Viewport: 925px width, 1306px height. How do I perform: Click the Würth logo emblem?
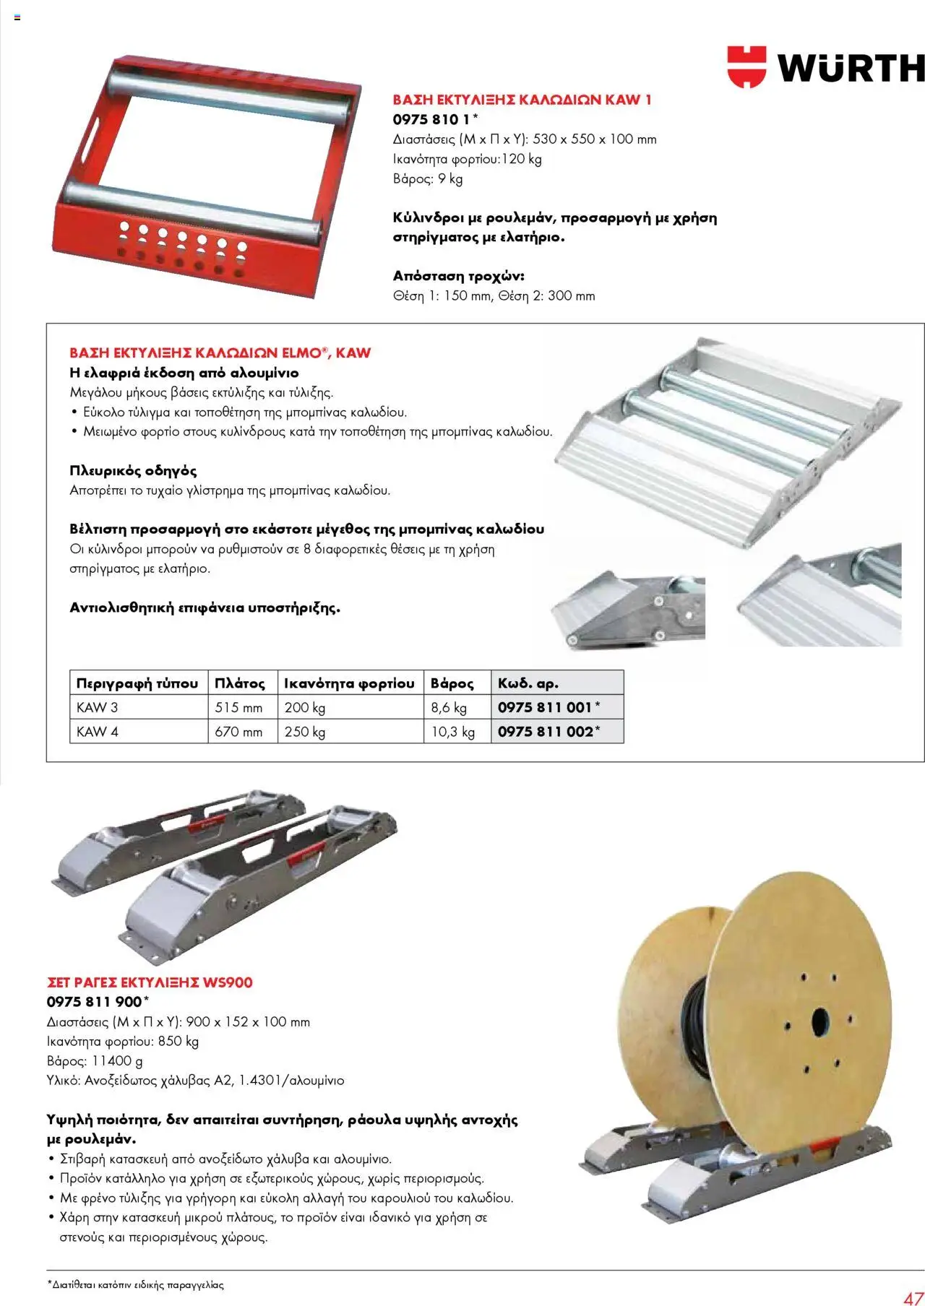click(746, 66)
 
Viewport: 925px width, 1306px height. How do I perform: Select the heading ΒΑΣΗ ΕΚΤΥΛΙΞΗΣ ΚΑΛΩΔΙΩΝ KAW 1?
click(522, 100)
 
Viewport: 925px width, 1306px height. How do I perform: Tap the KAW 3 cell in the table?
click(97, 707)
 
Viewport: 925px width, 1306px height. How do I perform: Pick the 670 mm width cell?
click(238, 732)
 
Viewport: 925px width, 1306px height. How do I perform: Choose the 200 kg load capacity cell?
click(305, 707)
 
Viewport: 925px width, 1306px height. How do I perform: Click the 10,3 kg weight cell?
click(453, 732)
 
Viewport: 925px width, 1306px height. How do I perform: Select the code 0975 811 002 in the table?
click(546, 732)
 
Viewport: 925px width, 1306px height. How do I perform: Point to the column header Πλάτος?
click(240, 683)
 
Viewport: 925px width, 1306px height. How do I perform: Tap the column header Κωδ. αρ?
click(528, 683)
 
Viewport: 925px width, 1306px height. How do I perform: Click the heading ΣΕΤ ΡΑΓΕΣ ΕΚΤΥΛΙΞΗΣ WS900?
click(150, 982)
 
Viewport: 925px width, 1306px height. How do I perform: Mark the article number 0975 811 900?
click(95, 1002)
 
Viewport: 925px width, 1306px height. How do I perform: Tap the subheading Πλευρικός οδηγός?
click(133, 471)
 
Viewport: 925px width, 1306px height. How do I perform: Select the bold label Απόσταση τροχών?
click(459, 276)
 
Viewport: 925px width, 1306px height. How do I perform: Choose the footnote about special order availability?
click(135, 1285)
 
